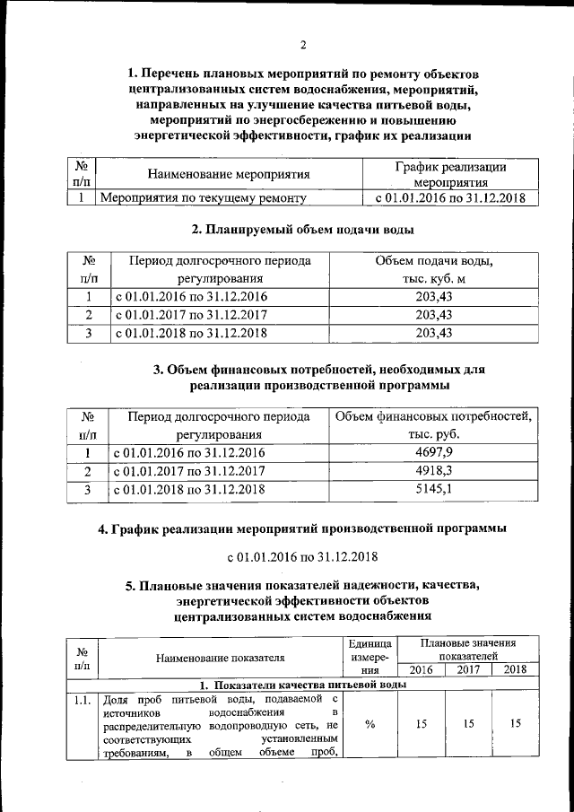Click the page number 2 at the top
[x=303, y=45]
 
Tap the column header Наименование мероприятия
[x=229, y=174]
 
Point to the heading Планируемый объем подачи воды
[x=303, y=231]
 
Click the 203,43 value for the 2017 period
[x=433, y=315]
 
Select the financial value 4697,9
[x=433, y=452]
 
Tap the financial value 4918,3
[x=433, y=471]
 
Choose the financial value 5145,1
[x=433, y=490]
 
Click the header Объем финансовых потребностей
[x=433, y=417]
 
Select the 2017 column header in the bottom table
[x=468, y=669]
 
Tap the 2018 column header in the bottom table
[x=515, y=669]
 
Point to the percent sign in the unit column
[x=370, y=726]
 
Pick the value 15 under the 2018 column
[x=515, y=726]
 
